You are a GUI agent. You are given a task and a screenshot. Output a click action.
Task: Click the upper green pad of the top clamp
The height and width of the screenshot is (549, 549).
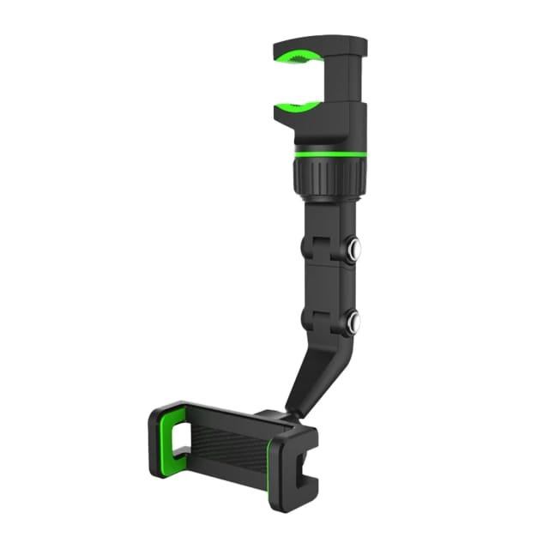click(x=296, y=59)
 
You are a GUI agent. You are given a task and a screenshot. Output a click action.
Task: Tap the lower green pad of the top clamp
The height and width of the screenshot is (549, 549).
click(x=296, y=106)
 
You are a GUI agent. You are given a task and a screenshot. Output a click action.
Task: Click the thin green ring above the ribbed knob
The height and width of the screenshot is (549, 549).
click(x=329, y=154)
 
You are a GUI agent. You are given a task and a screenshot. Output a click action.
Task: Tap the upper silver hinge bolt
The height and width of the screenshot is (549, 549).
click(x=353, y=251)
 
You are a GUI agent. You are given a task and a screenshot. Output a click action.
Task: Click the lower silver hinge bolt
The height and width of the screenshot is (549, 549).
click(x=353, y=323)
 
